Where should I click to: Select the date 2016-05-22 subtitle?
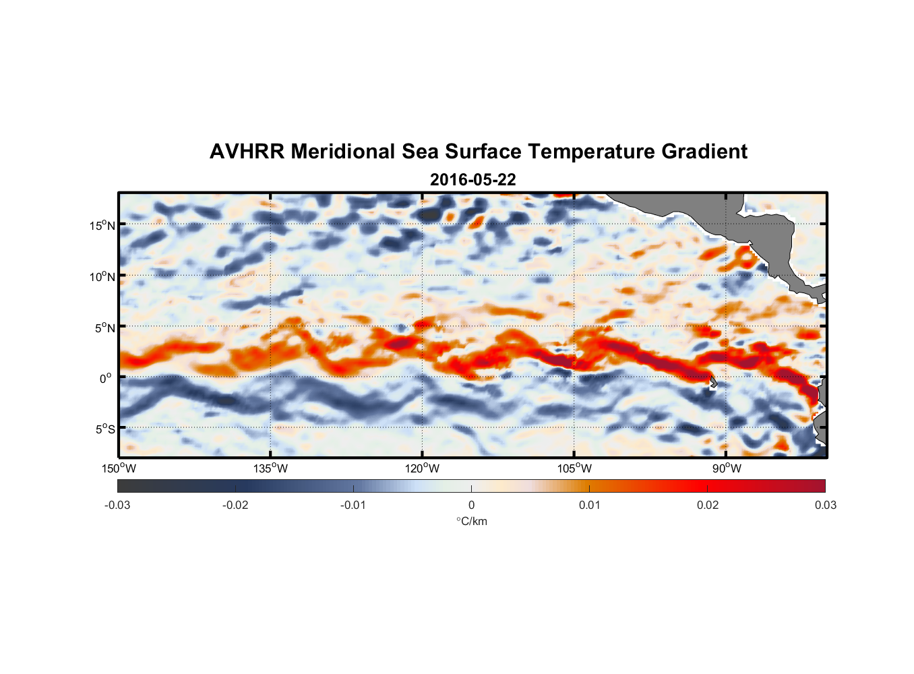click(473, 180)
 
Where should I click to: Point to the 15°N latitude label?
click(102, 226)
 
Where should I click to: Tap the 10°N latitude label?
click(102, 277)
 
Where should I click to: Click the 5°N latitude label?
click(104, 328)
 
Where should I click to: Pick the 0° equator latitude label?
click(106, 379)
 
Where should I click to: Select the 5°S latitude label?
click(104, 429)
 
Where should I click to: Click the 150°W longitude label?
click(119, 469)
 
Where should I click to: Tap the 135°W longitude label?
click(270, 469)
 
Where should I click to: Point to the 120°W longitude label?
click(422, 469)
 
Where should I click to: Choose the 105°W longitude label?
click(574, 469)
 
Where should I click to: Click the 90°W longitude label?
click(727, 469)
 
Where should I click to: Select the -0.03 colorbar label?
click(117, 506)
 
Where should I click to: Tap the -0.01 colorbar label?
click(353, 506)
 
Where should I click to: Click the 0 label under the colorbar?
click(471, 506)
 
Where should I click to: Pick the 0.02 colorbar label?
click(708, 506)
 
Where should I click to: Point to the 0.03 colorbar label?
click(825, 506)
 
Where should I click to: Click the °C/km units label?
click(472, 522)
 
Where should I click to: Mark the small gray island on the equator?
click(712, 382)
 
